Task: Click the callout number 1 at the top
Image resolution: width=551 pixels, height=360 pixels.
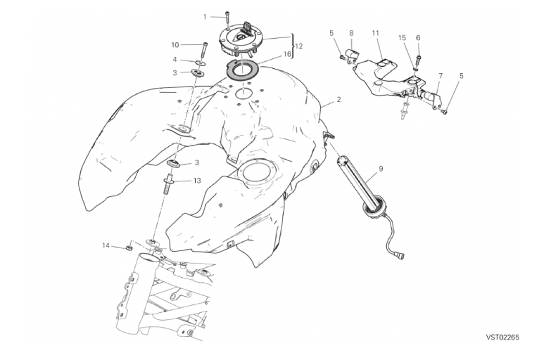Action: pyautogui.click(x=205, y=17)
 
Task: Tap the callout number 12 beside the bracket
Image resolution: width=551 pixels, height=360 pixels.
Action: pyautogui.click(x=298, y=46)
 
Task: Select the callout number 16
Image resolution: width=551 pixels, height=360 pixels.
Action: pyautogui.click(x=287, y=54)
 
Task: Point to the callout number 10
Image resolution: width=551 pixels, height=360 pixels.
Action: pyautogui.click(x=175, y=45)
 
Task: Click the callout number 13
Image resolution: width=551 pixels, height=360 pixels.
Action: pyautogui.click(x=197, y=181)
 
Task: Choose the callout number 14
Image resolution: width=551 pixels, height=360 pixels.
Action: pyautogui.click(x=106, y=245)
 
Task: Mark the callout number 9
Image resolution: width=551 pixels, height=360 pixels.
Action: pyautogui.click(x=381, y=169)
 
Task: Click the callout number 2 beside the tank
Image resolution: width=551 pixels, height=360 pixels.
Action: pyautogui.click(x=338, y=100)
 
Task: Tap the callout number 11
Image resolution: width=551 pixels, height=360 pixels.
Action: pyautogui.click(x=376, y=33)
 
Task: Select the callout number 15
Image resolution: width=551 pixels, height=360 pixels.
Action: pyautogui.click(x=403, y=38)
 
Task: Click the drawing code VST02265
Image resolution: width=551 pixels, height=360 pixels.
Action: pyautogui.click(x=502, y=337)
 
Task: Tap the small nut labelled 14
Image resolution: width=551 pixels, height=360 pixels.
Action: pyautogui.click(x=129, y=248)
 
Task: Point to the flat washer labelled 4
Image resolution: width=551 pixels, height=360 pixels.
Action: pyautogui.click(x=200, y=63)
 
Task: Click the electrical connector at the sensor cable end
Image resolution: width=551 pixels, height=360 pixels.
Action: pyautogui.click(x=400, y=254)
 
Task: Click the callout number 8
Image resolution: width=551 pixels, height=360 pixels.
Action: pyautogui.click(x=351, y=33)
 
